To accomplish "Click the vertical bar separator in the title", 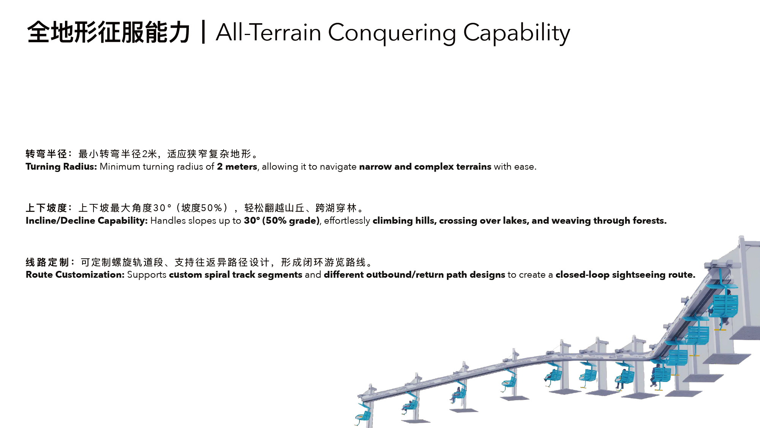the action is coord(204,32).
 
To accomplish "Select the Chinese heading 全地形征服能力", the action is coord(109,32).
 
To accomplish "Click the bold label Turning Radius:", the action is coord(62,167).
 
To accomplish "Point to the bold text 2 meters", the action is coord(237,167).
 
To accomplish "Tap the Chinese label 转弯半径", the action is coord(46,154).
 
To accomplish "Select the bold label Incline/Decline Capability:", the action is coord(87,221).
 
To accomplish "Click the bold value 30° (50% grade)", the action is coord(282,221).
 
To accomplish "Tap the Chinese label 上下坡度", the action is coord(46,208).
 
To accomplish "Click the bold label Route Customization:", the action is coord(75,275).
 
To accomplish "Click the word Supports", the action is coord(147,275).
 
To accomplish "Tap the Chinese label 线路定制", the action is coord(47,263).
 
